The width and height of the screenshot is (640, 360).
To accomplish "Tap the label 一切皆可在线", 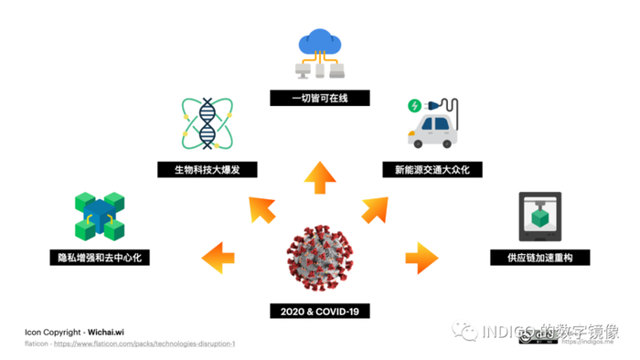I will [319, 97].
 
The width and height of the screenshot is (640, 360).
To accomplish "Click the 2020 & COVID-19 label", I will [319, 312].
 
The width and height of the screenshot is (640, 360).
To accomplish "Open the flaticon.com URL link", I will [143, 344].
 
